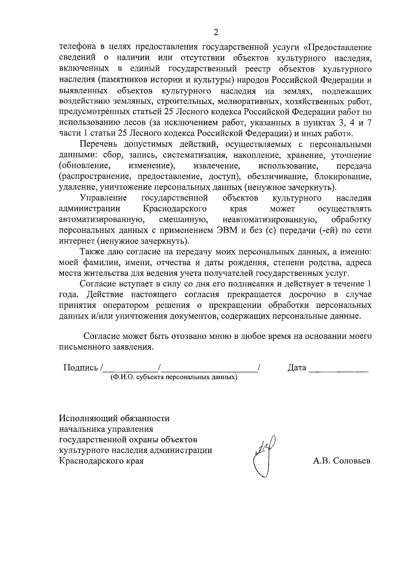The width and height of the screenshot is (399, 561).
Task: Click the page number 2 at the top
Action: click(216, 32)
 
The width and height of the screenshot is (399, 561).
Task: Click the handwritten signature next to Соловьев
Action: click(265, 455)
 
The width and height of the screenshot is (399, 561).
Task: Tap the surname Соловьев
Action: click(352, 461)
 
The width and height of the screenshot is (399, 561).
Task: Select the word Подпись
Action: click(81, 368)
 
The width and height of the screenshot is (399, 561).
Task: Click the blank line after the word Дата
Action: click(338, 369)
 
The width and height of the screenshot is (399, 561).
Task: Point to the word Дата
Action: click(297, 368)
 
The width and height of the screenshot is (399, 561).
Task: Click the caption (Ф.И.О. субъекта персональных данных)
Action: click(174, 378)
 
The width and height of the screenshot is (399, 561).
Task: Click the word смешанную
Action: click(184, 220)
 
